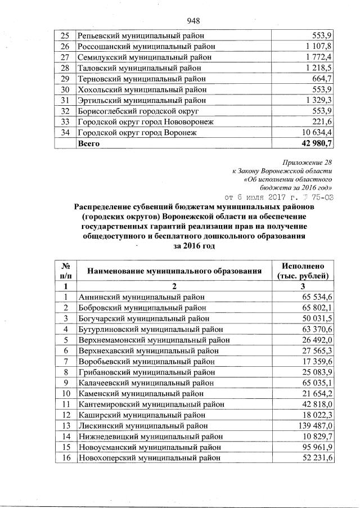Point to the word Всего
pyautogui.click(x=88, y=143)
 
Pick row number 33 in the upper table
pyautogui.click(x=65, y=122)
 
